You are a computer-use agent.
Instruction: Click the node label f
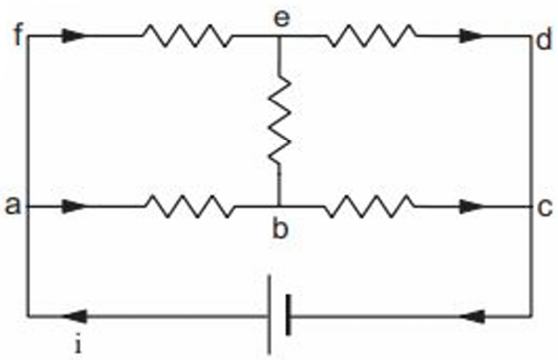[x=18, y=34]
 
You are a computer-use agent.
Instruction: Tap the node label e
[x=282, y=18]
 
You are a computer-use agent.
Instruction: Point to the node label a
[x=12, y=205]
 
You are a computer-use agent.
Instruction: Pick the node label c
[x=545, y=208]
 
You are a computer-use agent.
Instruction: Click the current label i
[x=78, y=344]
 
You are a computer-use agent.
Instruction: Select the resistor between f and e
[x=187, y=36]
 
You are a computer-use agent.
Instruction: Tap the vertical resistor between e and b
[x=279, y=120]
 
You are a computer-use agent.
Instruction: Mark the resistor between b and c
[x=371, y=206]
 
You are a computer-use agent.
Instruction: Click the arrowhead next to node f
[x=75, y=36]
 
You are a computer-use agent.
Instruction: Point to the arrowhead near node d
[x=472, y=36]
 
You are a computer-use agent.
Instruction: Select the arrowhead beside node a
[x=75, y=206]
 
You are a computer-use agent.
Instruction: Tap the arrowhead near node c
[x=472, y=206]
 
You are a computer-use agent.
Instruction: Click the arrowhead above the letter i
[x=75, y=316]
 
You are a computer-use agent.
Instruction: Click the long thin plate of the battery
[x=269, y=315]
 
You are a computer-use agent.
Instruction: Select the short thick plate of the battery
[x=289, y=315]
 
